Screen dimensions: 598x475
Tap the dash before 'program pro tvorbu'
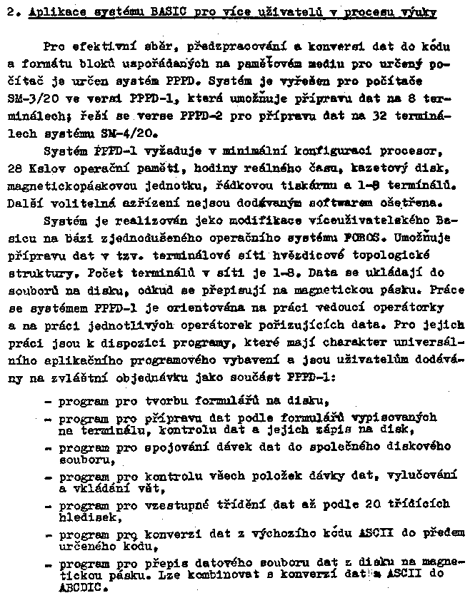(x=47, y=400)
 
